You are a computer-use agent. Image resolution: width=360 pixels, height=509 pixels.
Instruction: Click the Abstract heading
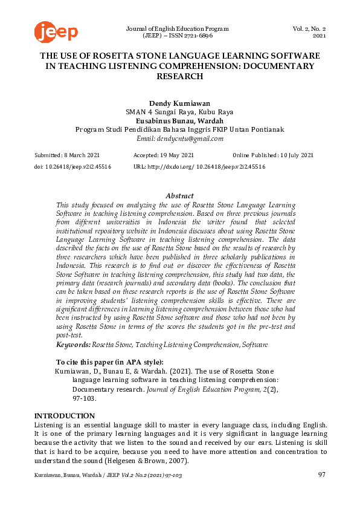[179, 196]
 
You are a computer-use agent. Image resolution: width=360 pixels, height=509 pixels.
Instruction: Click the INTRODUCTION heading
[64, 416]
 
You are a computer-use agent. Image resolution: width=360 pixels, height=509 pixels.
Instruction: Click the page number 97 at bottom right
[321, 475]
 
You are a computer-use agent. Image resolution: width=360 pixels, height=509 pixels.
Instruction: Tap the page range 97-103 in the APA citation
[84, 399]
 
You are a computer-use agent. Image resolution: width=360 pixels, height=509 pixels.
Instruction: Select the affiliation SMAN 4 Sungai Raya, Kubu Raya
[179, 111]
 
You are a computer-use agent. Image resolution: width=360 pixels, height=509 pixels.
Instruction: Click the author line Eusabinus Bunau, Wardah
[179, 120]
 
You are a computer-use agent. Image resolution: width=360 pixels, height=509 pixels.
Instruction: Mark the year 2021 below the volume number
[319, 36]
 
